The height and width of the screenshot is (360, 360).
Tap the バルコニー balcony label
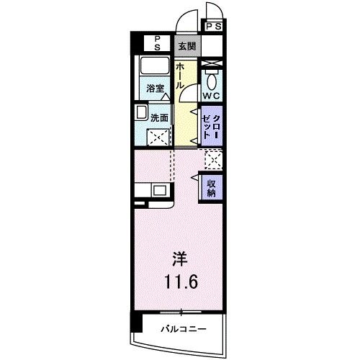(184, 328)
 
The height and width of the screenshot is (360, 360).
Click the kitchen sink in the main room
(159, 192)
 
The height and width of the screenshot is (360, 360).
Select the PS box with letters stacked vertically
(154, 42)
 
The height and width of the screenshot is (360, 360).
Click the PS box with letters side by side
(214, 27)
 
